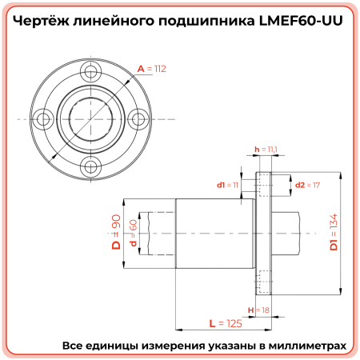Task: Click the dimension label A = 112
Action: [x=151, y=70]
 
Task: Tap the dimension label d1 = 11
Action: [x=227, y=185]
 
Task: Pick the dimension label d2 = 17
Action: [x=307, y=185]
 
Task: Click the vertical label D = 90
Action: [x=116, y=233]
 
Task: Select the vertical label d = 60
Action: [x=133, y=233]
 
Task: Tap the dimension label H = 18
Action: [x=258, y=309]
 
